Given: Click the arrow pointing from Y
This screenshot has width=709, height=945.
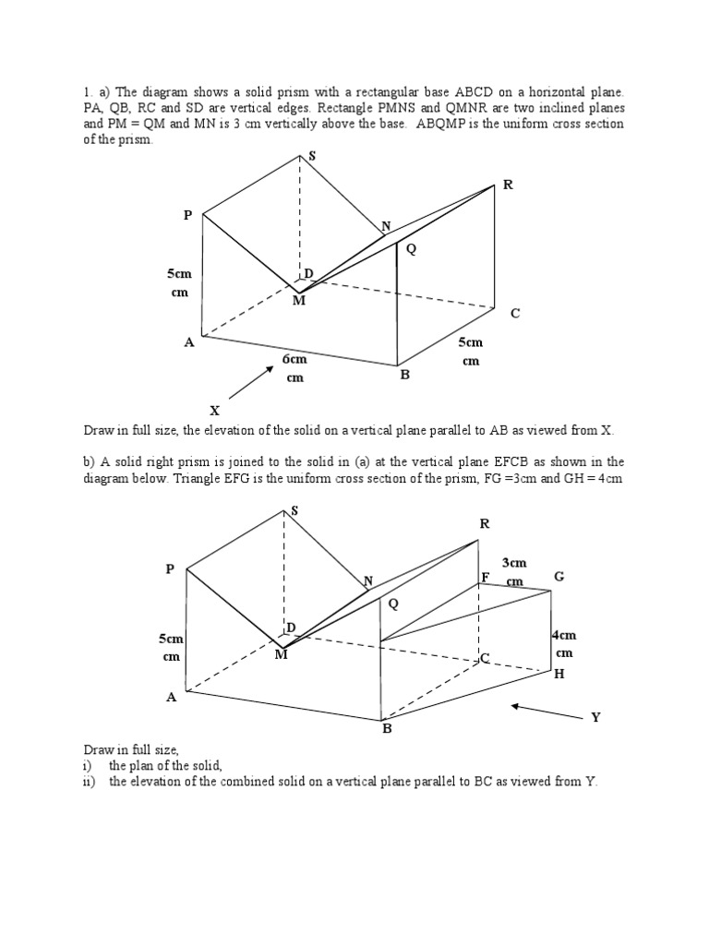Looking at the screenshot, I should pos(541,710).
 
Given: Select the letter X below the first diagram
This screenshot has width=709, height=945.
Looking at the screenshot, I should pos(215,411).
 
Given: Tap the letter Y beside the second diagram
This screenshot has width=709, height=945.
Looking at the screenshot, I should pos(595,717).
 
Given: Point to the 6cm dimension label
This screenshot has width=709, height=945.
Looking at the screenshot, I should pos(294,359).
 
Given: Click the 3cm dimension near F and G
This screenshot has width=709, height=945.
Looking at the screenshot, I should pos(514,562).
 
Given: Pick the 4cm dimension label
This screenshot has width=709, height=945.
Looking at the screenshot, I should pos(563,635).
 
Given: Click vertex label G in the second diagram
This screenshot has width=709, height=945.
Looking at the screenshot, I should pos(559,577).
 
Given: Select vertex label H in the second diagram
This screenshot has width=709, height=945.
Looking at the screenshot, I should pos(559,675).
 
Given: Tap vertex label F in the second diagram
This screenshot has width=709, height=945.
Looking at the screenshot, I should pos(485,578).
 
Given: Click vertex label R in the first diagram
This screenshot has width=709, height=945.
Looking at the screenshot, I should pos(507,185).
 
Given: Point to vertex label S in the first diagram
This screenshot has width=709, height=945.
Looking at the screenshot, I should pos(311,157).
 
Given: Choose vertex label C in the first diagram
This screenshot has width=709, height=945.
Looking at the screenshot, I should pos(515,314).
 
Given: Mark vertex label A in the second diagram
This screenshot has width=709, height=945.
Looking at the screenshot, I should pos(171,698).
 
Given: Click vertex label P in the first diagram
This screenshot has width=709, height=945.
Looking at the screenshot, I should pos(187,215).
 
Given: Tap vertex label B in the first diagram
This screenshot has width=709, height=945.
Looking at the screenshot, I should pos(404,376).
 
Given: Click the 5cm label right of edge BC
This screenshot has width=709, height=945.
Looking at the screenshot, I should pos(471,342).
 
